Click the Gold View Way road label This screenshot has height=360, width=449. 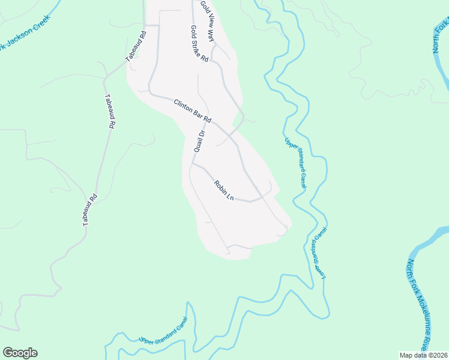tap(207, 20)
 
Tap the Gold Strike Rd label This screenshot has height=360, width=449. tap(199, 44)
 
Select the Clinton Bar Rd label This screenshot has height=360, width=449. tap(193, 112)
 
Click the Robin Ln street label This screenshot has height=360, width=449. tap(223, 190)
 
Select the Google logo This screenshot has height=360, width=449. tap(20, 353)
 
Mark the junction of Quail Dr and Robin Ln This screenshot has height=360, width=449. tap(192, 163)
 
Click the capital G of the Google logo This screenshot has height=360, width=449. tap(7, 353)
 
